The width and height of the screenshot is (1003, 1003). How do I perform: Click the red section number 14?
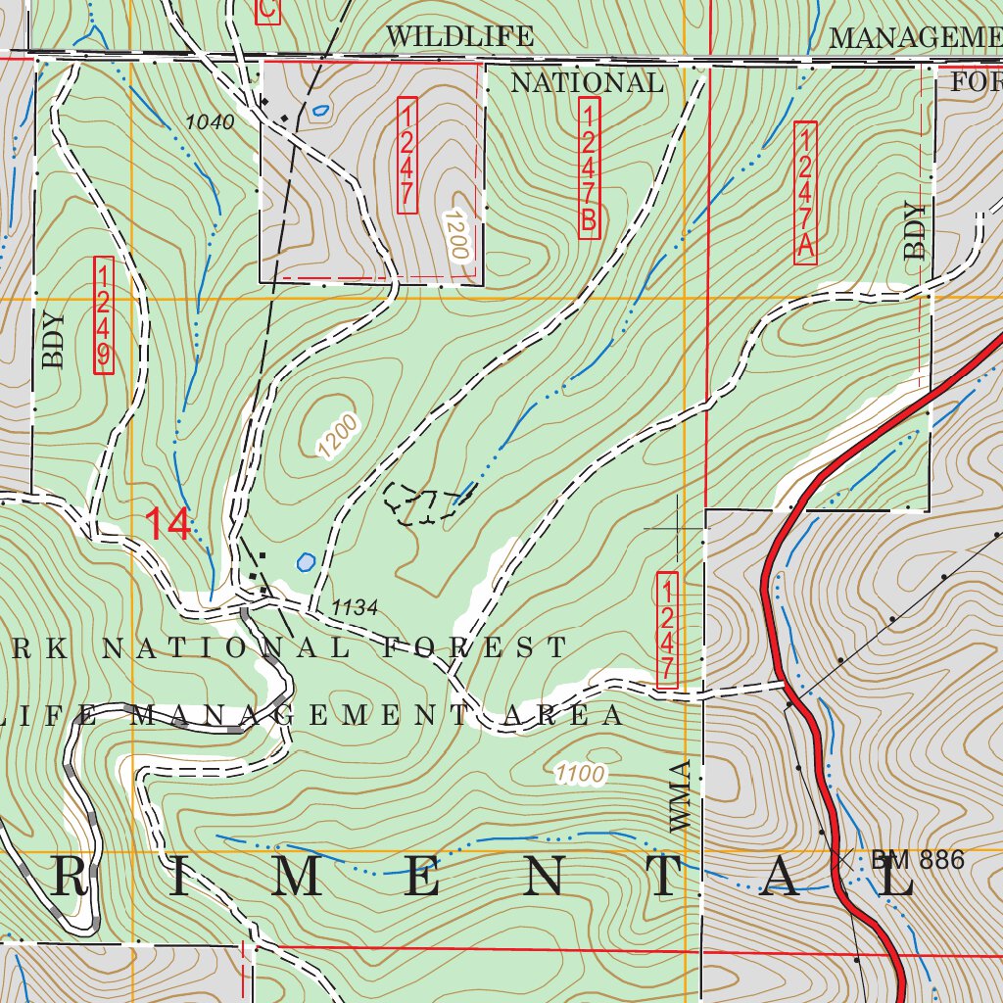[x=167, y=525]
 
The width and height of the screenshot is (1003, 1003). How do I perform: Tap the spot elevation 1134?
[x=354, y=608]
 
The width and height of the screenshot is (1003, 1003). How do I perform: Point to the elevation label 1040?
[x=210, y=122]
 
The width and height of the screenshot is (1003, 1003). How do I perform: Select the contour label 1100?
[x=578, y=775]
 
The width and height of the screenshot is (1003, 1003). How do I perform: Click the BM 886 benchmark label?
[x=917, y=861]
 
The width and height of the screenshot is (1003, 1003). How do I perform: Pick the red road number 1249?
[x=103, y=314]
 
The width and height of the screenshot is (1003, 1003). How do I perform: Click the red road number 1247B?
[x=589, y=167]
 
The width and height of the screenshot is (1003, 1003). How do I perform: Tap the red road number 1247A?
[x=805, y=192]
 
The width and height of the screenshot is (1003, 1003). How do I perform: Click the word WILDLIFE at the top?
[x=459, y=37]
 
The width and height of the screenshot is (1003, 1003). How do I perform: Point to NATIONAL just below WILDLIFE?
[x=587, y=83]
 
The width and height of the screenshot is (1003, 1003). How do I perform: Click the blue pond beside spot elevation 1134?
[x=306, y=562]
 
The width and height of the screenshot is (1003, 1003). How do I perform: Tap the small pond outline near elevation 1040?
[x=319, y=111]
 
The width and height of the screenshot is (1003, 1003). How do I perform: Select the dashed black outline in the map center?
[x=421, y=503]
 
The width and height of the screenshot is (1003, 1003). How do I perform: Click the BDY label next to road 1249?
[x=53, y=340]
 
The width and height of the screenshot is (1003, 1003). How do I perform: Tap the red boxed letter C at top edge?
[x=266, y=9]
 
